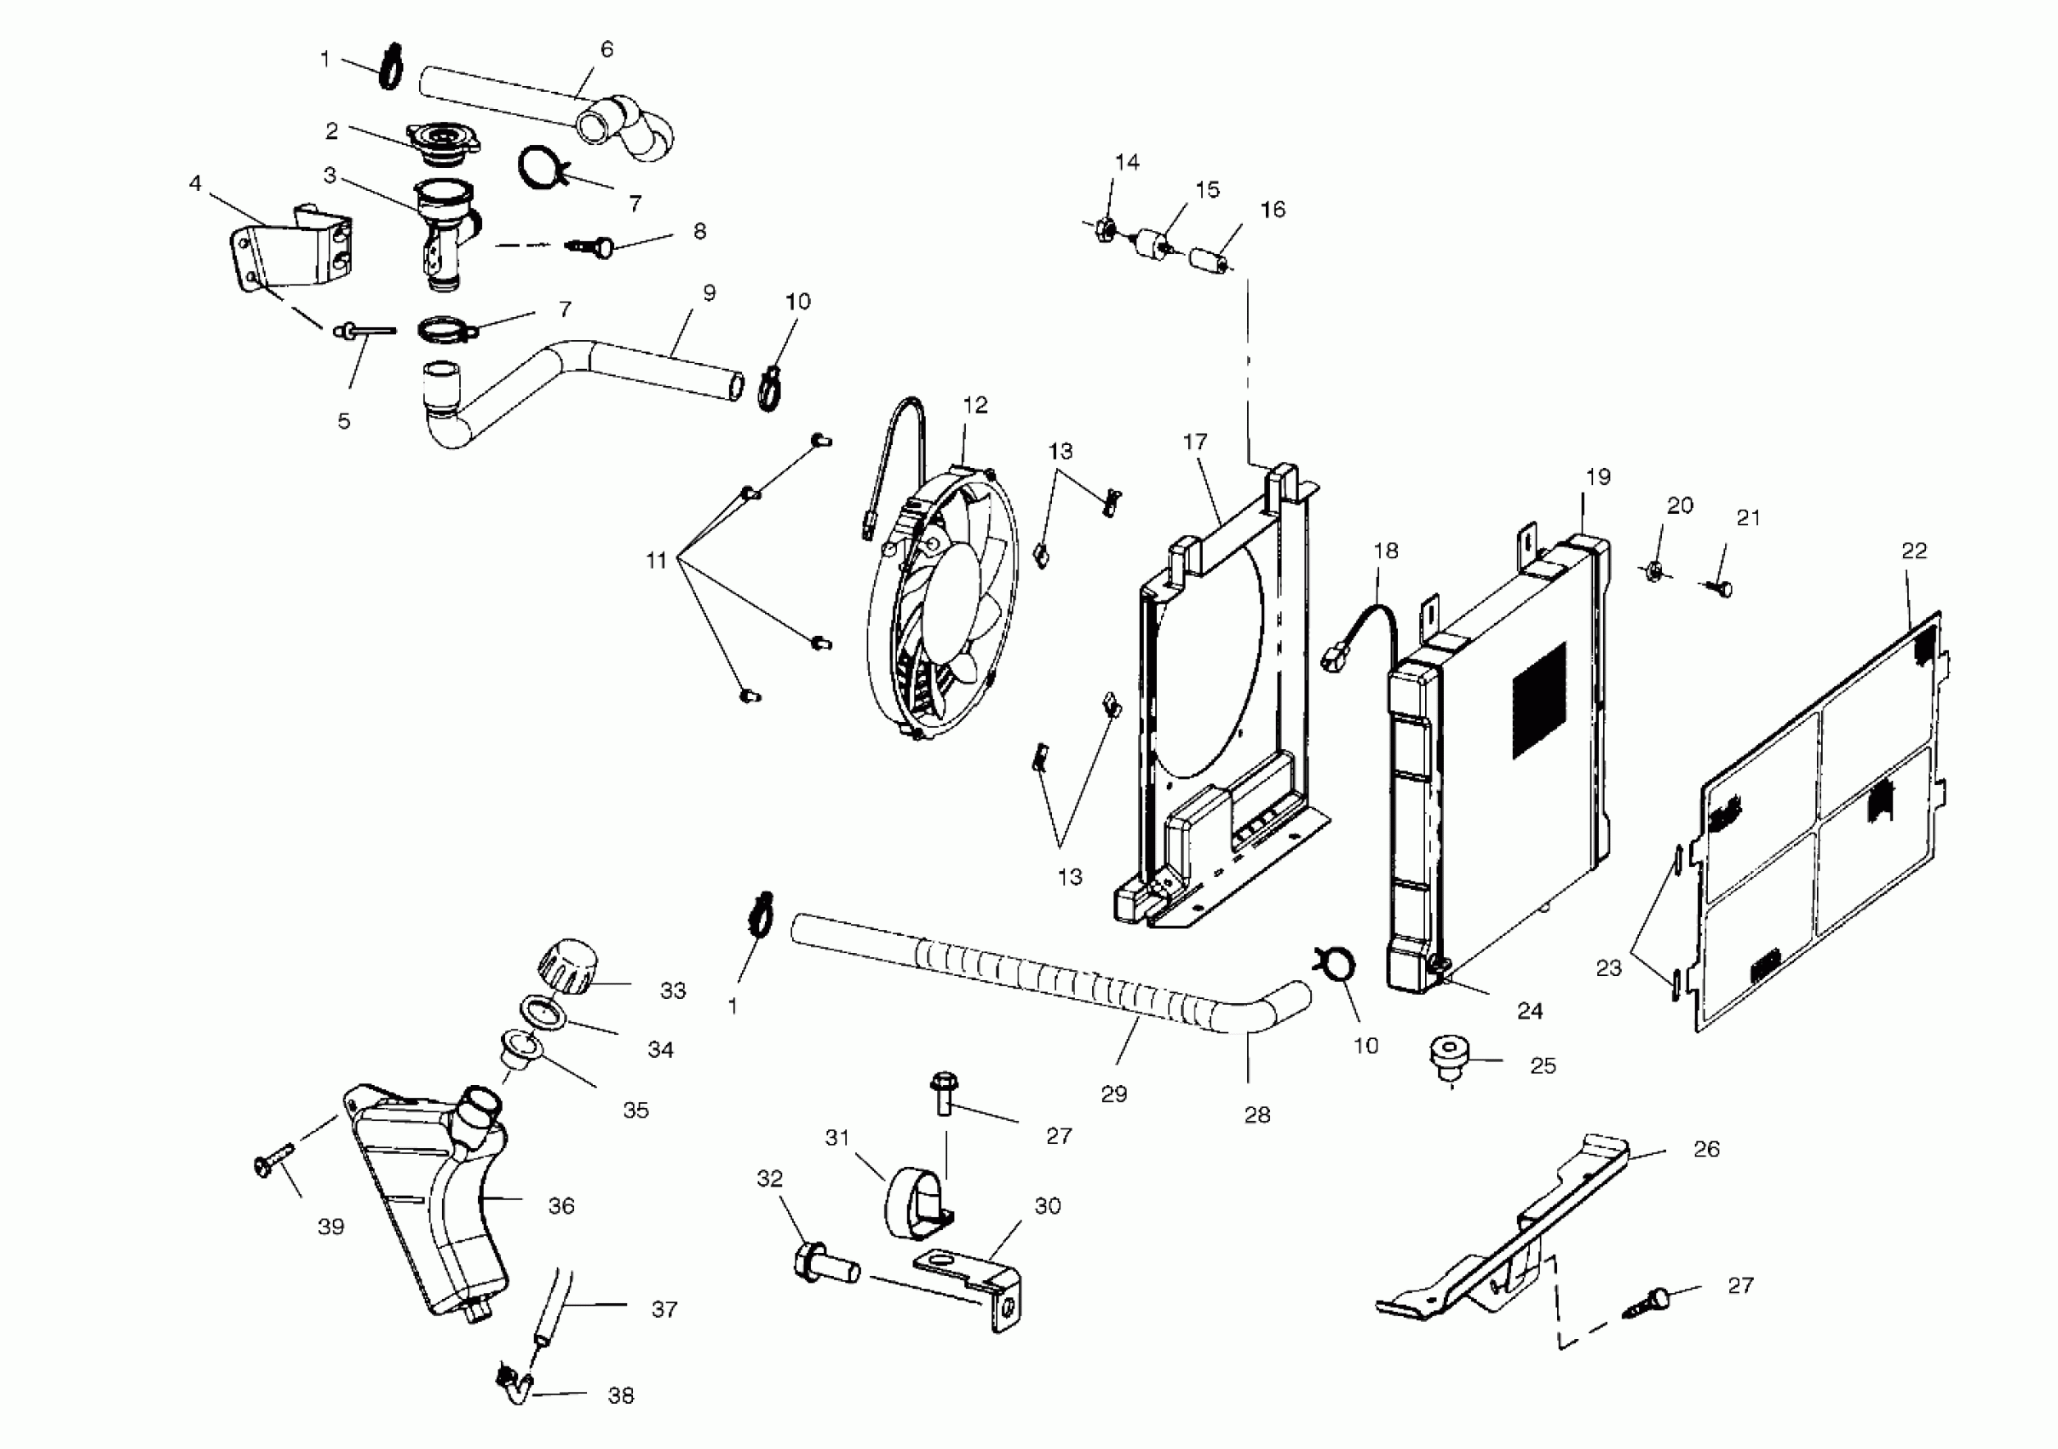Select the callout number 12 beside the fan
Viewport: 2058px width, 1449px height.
click(x=975, y=405)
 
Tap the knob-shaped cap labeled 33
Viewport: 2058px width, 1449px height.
click(x=566, y=966)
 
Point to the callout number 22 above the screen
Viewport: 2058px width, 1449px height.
click(x=1914, y=551)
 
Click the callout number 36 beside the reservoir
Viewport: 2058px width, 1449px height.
click(x=561, y=1206)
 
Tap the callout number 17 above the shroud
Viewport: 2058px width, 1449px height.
click(x=1195, y=442)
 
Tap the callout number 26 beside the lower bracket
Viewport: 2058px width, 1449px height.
click(x=1707, y=1150)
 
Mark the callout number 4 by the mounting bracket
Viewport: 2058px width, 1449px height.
click(x=195, y=184)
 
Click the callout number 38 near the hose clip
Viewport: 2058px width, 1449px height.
click(x=621, y=1395)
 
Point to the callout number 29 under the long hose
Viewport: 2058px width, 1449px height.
click(x=1114, y=1094)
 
